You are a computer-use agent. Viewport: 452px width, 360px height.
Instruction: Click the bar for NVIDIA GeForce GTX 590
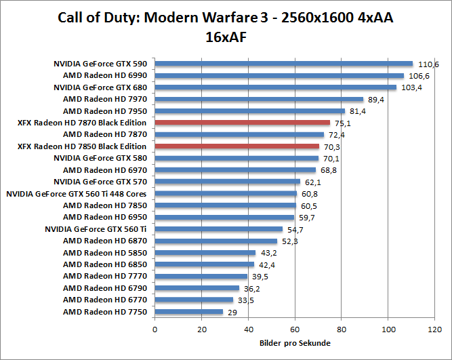pos(284,64)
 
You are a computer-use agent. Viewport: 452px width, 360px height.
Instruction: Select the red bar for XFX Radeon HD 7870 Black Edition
pos(243,123)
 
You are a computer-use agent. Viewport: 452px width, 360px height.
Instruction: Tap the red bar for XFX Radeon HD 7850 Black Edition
pos(237,146)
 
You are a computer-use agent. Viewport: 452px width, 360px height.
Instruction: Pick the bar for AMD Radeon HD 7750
pos(189,312)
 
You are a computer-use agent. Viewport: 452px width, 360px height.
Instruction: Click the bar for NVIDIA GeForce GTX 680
pos(276,87)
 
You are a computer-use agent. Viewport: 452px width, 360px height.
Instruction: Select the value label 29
pos(232,313)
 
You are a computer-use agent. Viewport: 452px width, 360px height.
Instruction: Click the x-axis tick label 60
pos(295,329)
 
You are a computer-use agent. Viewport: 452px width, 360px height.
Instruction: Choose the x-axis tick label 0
pos(155,329)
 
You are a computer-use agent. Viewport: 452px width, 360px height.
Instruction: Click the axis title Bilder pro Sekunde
pos(295,343)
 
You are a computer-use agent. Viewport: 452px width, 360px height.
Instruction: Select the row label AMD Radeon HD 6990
pos(104,75)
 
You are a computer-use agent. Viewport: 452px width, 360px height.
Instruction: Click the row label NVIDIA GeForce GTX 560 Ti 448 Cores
pos(76,194)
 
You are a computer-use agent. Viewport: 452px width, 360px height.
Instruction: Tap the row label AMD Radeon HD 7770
pos(104,277)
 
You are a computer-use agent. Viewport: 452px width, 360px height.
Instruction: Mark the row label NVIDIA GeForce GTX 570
pos(100,182)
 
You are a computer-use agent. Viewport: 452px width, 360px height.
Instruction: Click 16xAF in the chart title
pos(226,37)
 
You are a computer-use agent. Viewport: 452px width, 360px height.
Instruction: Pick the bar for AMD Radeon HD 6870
pos(216,241)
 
